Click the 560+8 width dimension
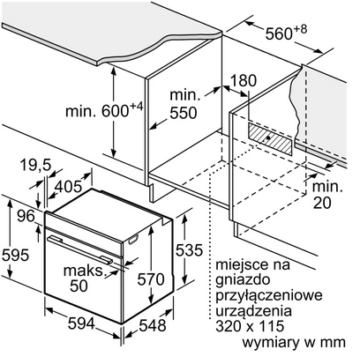(286, 33)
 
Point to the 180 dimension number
(244, 80)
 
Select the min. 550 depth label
(183, 104)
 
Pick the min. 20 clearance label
(327, 195)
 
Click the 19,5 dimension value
(35, 165)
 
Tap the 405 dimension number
(68, 186)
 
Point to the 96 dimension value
(26, 216)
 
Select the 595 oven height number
(16, 255)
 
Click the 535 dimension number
(189, 250)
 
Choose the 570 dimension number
(151, 279)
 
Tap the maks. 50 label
(84, 278)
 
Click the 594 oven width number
(81, 323)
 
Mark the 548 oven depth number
(153, 325)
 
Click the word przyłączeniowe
(269, 295)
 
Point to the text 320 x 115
(250, 326)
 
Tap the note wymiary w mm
(294, 342)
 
